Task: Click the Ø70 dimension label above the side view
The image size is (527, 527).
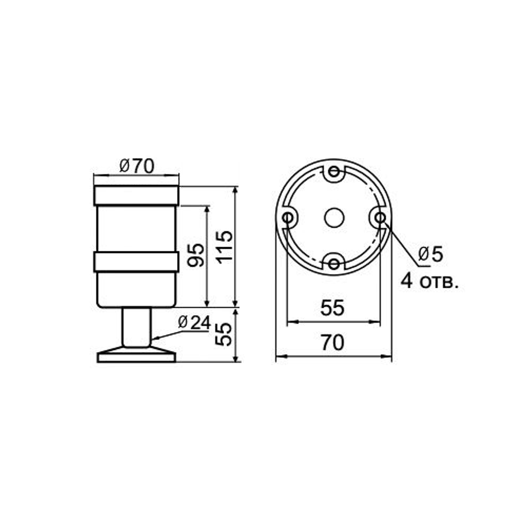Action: [x=136, y=166]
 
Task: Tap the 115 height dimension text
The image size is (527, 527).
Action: [x=223, y=246]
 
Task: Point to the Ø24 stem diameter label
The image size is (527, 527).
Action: [x=194, y=322]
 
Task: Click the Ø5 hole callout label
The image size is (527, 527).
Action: [x=431, y=255]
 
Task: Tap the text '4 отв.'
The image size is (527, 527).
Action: [x=429, y=281]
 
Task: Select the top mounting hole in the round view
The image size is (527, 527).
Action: [x=334, y=172]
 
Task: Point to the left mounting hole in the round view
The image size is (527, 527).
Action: [x=288, y=217]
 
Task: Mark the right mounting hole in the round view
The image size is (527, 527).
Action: [x=379, y=217]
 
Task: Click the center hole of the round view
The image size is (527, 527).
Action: [x=334, y=217]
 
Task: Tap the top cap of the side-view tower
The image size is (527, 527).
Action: [x=136, y=196]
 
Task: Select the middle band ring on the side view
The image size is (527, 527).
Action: [x=136, y=262]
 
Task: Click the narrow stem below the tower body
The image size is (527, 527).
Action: [x=136, y=327]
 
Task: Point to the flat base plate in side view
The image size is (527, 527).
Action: [x=136, y=357]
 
